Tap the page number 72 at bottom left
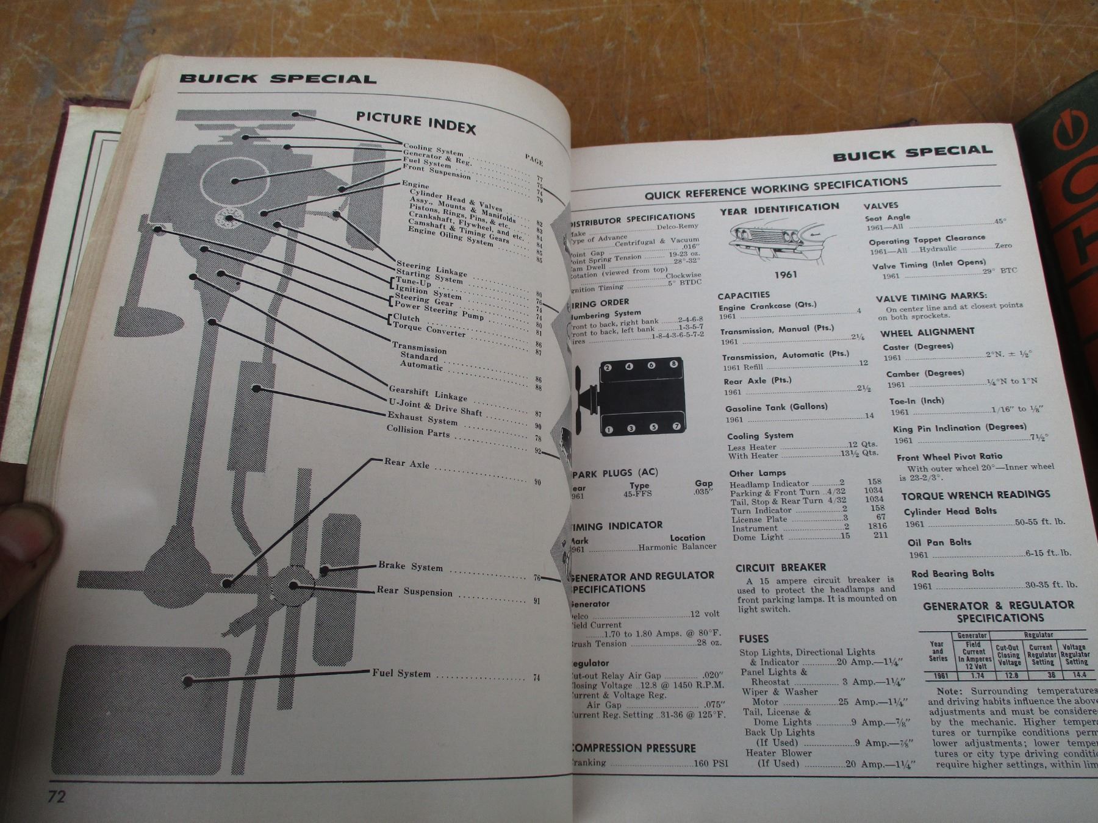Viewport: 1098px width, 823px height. pyautogui.click(x=56, y=797)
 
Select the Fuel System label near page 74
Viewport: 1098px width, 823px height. pyautogui.click(x=401, y=673)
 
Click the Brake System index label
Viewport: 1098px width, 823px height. pyautogui.click(x=410, y=566)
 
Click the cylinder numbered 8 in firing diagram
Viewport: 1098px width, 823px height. pyautogui.click(x=673, y=364)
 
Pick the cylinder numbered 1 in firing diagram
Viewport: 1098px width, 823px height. pyautogui.click(x=608, y=430)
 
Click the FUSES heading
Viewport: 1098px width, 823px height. pyautogui.click(x=753, y=638)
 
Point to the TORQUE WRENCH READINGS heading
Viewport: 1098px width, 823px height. pyautogui.click(x=975, y=494)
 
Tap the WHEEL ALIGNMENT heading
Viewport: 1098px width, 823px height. pyautogui.click(x=927, y=332)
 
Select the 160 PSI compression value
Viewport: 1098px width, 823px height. pyautogui.click(x=712, y=763)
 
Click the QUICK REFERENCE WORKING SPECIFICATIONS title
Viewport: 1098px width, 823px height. pyautogui.click(x=776, y=188)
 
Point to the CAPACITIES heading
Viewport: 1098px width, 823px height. pyautogui.click(x=744, y=296)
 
